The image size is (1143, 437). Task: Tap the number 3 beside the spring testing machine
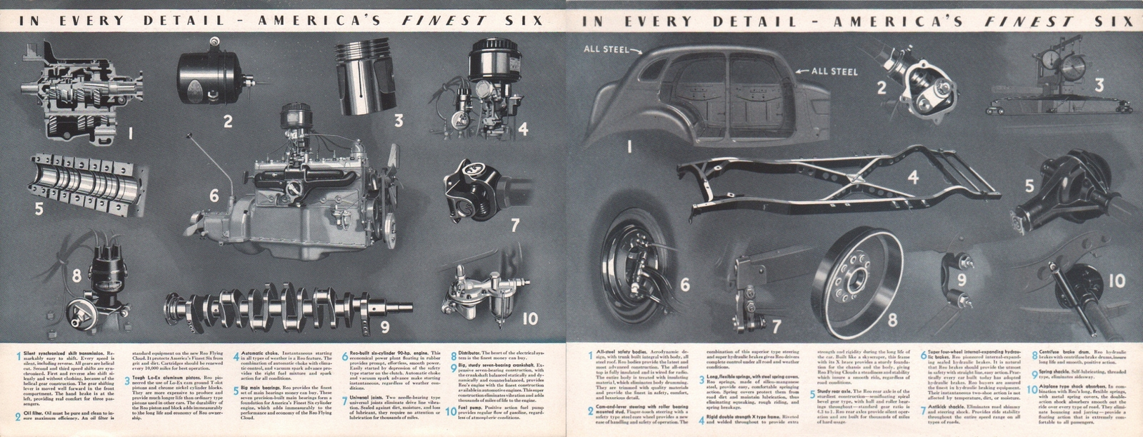tap(1099, 86)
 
